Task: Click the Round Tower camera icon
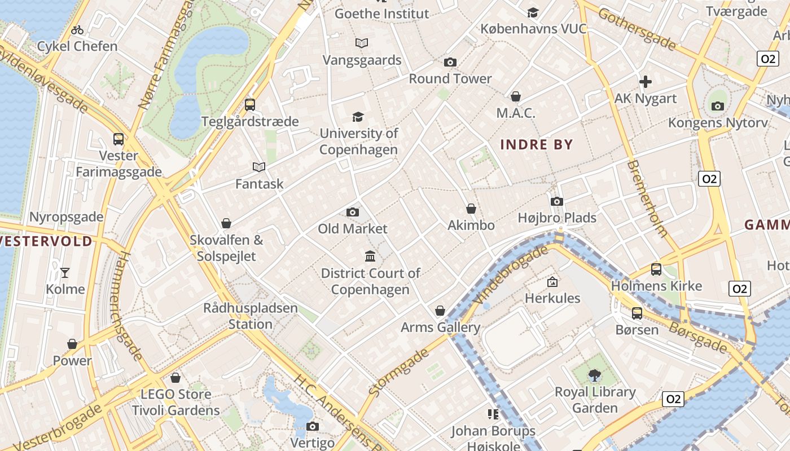(450, 62)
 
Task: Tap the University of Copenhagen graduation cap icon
(358, 117)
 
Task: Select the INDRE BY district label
(537, 145)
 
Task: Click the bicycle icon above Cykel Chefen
(77, 29)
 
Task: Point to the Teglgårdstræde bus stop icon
(249, 104)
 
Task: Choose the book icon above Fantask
(259, 167)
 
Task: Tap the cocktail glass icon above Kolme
(65, 273)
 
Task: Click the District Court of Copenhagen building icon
(370, 257)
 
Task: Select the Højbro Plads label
(557, 218)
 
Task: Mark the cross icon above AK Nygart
(646, 82)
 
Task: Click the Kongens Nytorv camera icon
(717, 106)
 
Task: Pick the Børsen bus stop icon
(637, 313)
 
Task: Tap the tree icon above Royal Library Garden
(594, 375)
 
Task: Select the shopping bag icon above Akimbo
(471, 209)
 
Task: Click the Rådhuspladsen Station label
(250, 316)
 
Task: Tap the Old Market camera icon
(353, 212)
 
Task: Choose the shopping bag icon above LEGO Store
(175, 377)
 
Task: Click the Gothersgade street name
(637, 28)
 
